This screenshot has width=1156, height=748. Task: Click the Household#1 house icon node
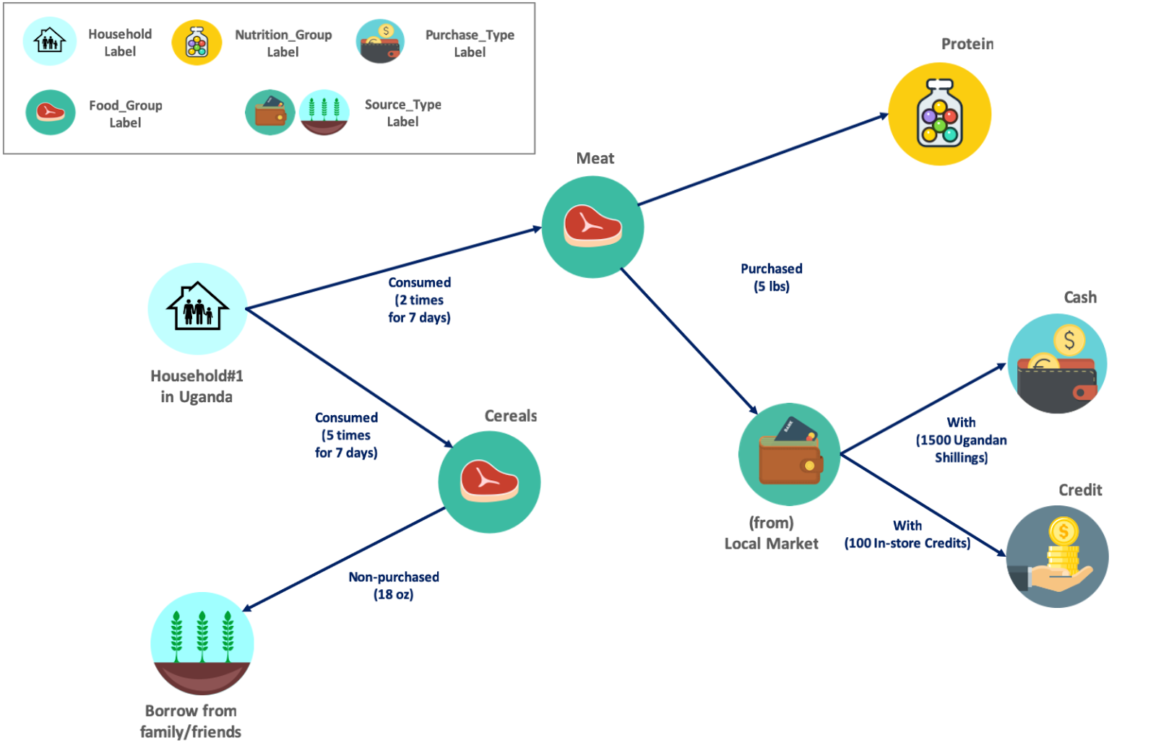tap(197, 308)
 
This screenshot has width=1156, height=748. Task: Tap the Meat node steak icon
tap(592, 226)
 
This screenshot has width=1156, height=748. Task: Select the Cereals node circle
tap(489, 482)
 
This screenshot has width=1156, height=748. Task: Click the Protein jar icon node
tap(939, 114)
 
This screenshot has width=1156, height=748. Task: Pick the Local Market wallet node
tap(789, 454)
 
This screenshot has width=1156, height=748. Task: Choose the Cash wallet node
tap(1057, 363)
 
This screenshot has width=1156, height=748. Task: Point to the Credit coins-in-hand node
tap(1057, 557)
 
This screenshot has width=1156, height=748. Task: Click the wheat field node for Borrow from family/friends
tap(202, 643)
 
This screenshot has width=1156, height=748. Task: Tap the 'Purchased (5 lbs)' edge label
tap(772, 277)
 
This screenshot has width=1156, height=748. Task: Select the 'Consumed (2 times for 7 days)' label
tap(419, 300)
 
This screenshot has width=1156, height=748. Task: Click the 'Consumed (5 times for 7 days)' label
tap(346, 435)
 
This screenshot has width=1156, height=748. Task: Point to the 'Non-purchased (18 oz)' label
tap(394, 586)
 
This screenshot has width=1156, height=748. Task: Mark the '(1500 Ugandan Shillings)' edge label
tap(961, 448)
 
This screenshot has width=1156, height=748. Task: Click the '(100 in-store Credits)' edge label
tap(907, 543)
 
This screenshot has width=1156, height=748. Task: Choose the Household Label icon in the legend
tap(49, 42)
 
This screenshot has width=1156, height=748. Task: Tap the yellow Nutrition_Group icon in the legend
tap(197, 43)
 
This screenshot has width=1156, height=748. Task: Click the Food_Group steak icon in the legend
tap(51, 113)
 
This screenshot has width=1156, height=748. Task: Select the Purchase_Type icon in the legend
tap(380, 42)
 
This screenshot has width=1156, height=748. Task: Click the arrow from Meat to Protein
tap(763, 160)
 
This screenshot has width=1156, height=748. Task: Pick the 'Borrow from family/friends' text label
tap(191, 721)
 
